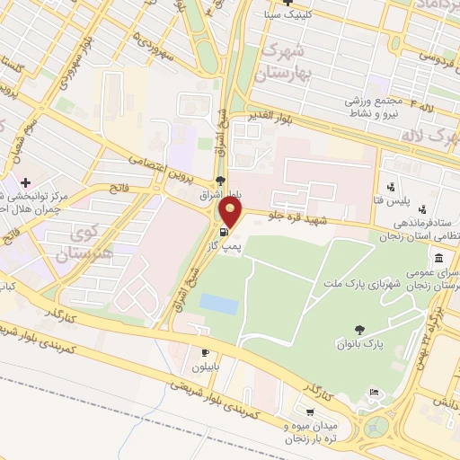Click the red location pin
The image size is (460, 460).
[x=232, y=213]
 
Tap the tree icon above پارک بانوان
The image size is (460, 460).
[x=360, y=330]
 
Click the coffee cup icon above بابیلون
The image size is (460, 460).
[x=207, y=352]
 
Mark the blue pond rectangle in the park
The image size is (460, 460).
[x=219, y=304]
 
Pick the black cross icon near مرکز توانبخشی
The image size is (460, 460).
[x=25, y=181]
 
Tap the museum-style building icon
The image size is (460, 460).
[x=438, y=258]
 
